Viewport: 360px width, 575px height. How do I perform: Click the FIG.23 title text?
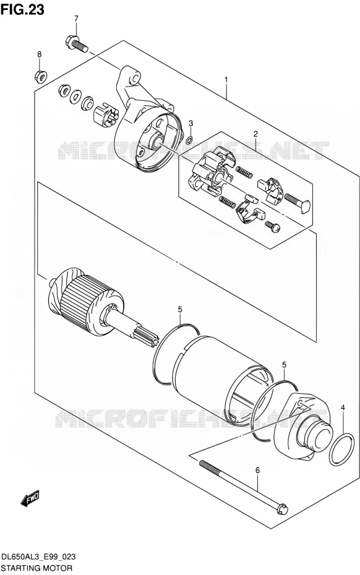[22, 9]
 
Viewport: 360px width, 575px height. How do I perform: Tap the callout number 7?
[76, 19]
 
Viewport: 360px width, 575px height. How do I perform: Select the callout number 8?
[39, 54]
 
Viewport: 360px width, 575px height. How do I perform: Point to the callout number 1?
[226, 80]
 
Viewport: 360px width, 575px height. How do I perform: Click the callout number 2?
[255, 134]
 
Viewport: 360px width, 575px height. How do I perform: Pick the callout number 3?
[191, 123]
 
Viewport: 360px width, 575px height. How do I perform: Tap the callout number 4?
[343, 407]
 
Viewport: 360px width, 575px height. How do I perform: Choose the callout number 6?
[257, 470]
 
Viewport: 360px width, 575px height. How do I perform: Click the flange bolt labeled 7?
[77, 43]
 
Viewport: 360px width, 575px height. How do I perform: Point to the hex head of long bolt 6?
[282, 509]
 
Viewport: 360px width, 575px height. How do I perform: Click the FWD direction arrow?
[30, 499]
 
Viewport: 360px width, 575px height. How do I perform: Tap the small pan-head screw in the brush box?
[273, 226]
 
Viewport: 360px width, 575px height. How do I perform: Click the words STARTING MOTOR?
[36, 568]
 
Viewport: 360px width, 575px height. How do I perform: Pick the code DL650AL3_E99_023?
[38, 557]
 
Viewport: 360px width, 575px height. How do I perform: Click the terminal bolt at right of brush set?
[298, 203]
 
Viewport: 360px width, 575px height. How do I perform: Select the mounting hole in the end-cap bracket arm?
[135, 78]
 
